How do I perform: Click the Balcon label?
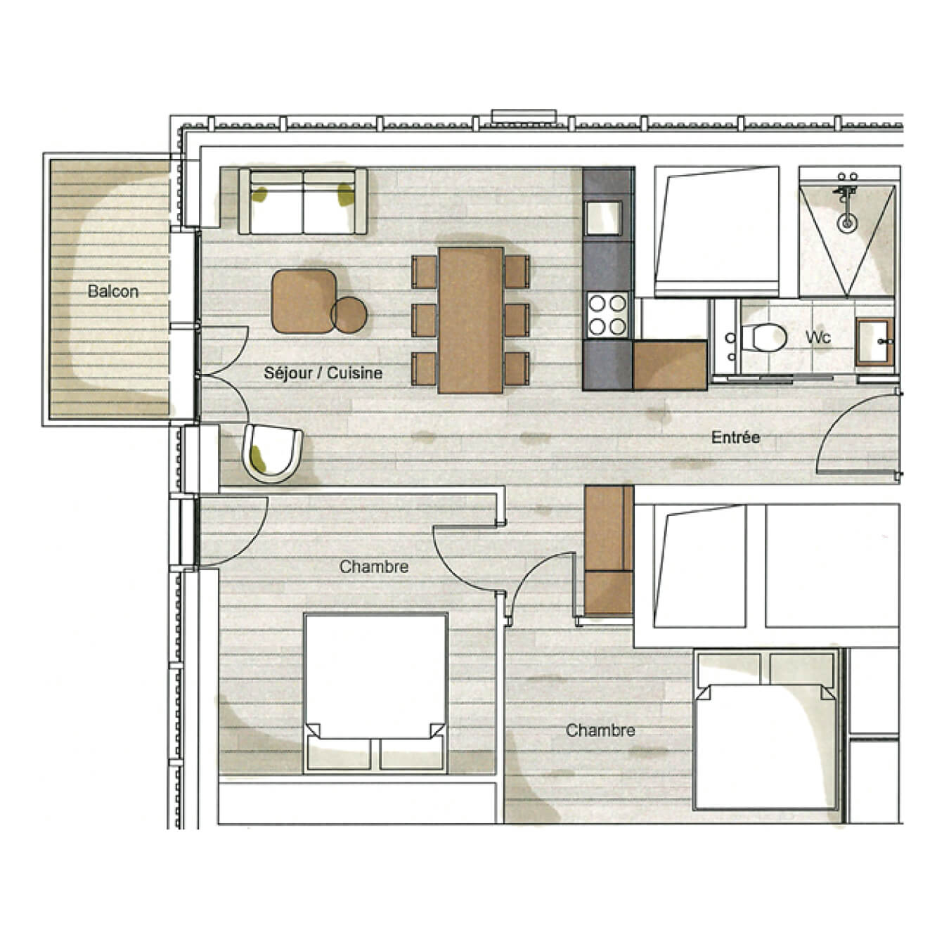[112, 291]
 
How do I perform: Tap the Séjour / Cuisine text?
[323, 373]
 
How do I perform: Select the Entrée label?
[735, 437]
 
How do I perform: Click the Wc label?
[818, 337]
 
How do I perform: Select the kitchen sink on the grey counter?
[604, 217]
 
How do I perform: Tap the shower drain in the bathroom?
[848, 223]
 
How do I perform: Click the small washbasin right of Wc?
[875, 342]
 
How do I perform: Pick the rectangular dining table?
[471, 320]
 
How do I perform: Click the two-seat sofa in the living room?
[303, 202]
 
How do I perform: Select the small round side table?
[349, 314]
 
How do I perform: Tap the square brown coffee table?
[303, 301]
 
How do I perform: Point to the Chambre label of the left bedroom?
[373, 567]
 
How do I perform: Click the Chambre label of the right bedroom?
[600, 730]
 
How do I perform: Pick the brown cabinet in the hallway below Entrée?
[608, 550]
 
